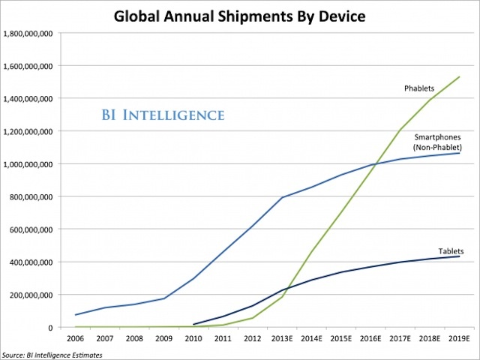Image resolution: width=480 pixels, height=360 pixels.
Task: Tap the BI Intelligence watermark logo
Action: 163,115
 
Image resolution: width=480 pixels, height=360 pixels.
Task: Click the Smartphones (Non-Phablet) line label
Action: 436,142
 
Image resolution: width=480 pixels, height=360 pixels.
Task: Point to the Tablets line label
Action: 450,251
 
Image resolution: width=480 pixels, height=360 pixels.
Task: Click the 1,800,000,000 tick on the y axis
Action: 28,33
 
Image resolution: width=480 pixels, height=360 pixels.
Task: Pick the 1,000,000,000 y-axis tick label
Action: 28,163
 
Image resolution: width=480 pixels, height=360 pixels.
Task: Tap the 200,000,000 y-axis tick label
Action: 31,295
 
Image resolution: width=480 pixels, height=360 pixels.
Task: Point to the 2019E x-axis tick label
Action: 459,338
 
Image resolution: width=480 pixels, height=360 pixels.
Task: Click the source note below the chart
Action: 50,354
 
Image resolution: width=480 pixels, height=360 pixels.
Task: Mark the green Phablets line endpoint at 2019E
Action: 459,76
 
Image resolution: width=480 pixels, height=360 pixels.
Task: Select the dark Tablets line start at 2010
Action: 194,325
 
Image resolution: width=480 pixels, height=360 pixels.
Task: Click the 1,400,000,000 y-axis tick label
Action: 28,98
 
